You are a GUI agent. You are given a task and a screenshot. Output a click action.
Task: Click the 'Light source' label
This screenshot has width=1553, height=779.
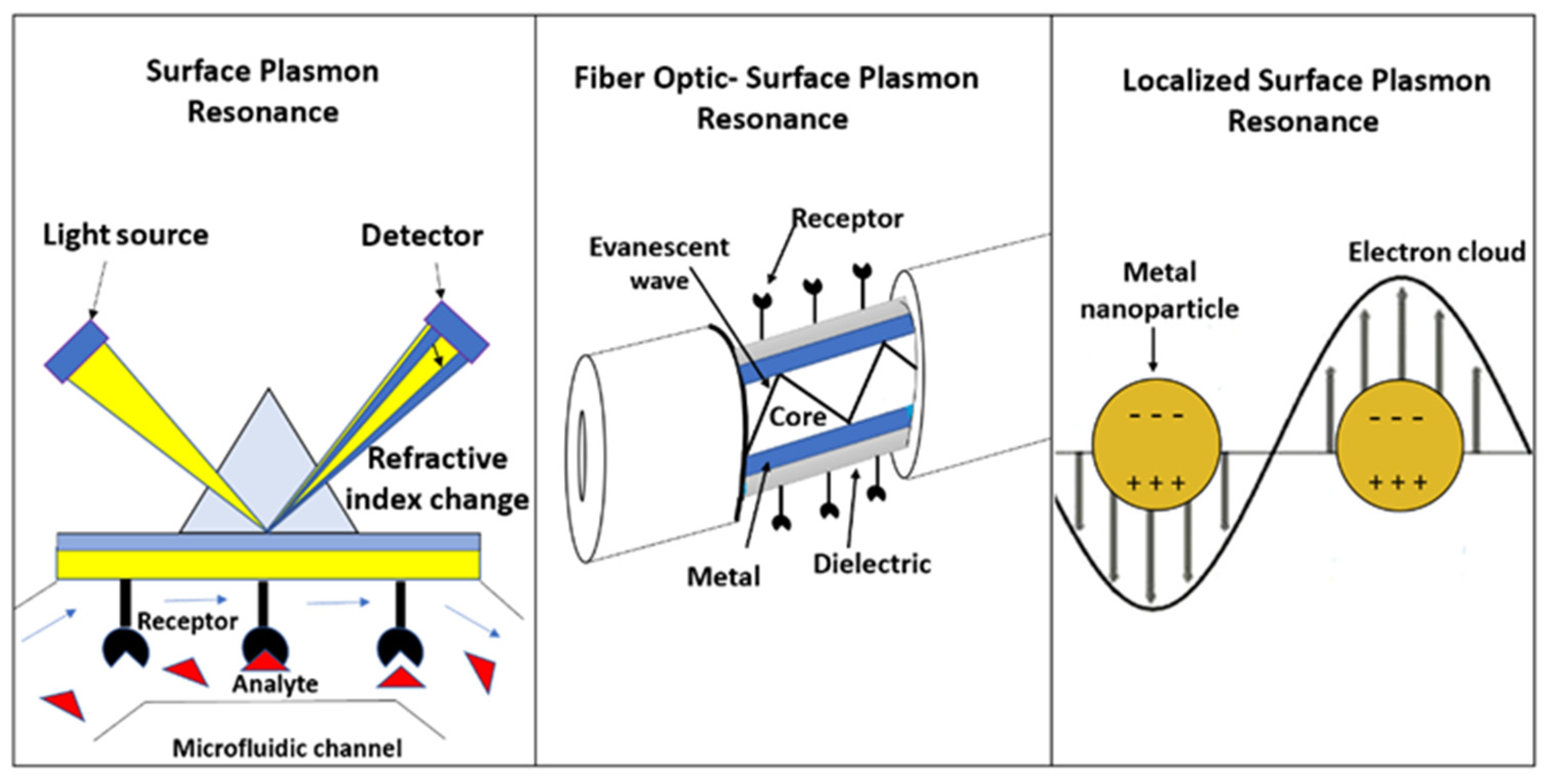tap(126, 235)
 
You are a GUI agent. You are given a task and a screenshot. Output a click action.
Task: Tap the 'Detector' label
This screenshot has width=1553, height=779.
tap(422, 236)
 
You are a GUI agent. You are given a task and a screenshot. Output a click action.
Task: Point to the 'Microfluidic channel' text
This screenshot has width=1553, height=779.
tap(287, 748)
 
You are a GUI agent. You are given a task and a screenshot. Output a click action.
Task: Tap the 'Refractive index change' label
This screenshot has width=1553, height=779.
tap(437, 479)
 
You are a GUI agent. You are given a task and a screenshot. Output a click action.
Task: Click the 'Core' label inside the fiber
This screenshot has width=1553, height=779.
tap(797, 417)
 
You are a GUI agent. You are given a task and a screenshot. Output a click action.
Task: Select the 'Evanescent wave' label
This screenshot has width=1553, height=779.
tap(659, 263)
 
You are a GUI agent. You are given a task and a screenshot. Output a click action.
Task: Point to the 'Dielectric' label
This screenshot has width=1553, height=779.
tap(872, 564)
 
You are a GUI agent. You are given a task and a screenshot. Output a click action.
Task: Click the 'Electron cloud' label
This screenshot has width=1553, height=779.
tap(1436, 252)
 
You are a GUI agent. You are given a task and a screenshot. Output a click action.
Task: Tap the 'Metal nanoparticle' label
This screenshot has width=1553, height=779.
tap(1158, 290)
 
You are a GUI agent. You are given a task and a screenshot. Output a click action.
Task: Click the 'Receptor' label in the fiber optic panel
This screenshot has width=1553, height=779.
tap(847, 218)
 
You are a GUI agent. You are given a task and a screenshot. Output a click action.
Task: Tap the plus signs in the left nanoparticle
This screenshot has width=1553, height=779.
tap(1156, 483)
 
